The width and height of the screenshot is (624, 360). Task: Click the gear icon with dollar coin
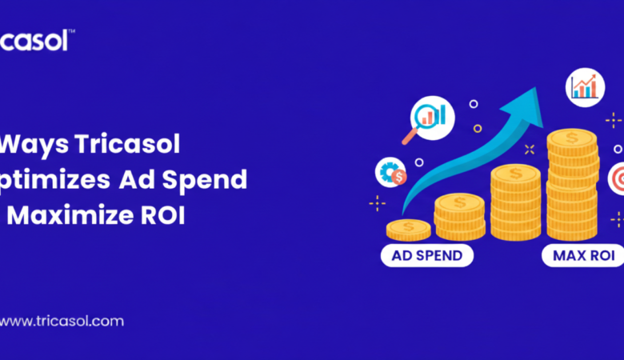tap(391, 172)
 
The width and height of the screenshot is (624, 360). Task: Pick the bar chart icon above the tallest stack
tap(584, 86)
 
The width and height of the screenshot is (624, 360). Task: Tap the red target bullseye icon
tap(618, 178)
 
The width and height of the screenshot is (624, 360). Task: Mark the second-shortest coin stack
tap(458, 216)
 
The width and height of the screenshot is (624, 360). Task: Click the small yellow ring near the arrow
tap(478, 128)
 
